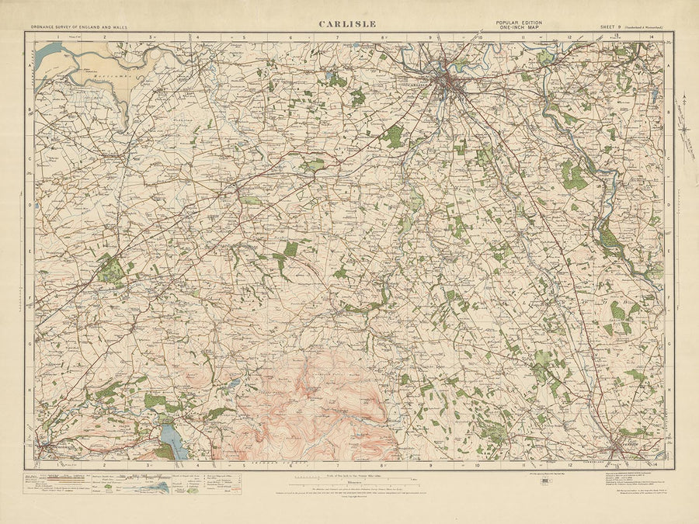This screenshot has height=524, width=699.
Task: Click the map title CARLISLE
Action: coord(347,24)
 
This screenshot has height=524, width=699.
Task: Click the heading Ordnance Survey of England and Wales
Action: coord(80,27)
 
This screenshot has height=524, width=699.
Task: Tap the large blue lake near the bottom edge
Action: coord(172,441)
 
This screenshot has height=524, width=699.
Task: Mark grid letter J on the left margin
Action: coord(30,435)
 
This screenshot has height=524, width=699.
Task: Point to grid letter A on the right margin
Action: coord(669,66)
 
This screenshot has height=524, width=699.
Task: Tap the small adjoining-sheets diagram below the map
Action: coord(544,481)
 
